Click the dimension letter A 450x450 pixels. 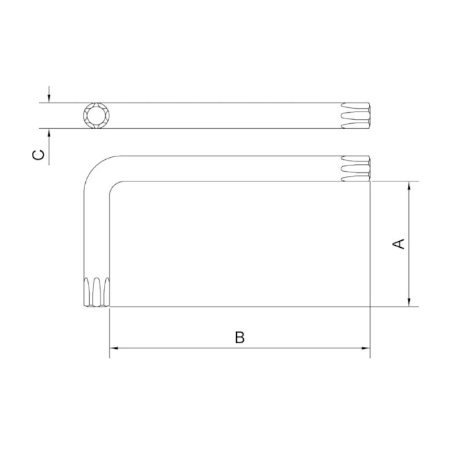399,244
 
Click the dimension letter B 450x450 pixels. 240,337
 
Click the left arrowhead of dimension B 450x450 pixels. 115,348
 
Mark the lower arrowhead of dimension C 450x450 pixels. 50,134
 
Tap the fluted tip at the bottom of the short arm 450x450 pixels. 96,292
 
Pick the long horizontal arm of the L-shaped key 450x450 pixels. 228,168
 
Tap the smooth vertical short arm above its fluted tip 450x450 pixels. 96,235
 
